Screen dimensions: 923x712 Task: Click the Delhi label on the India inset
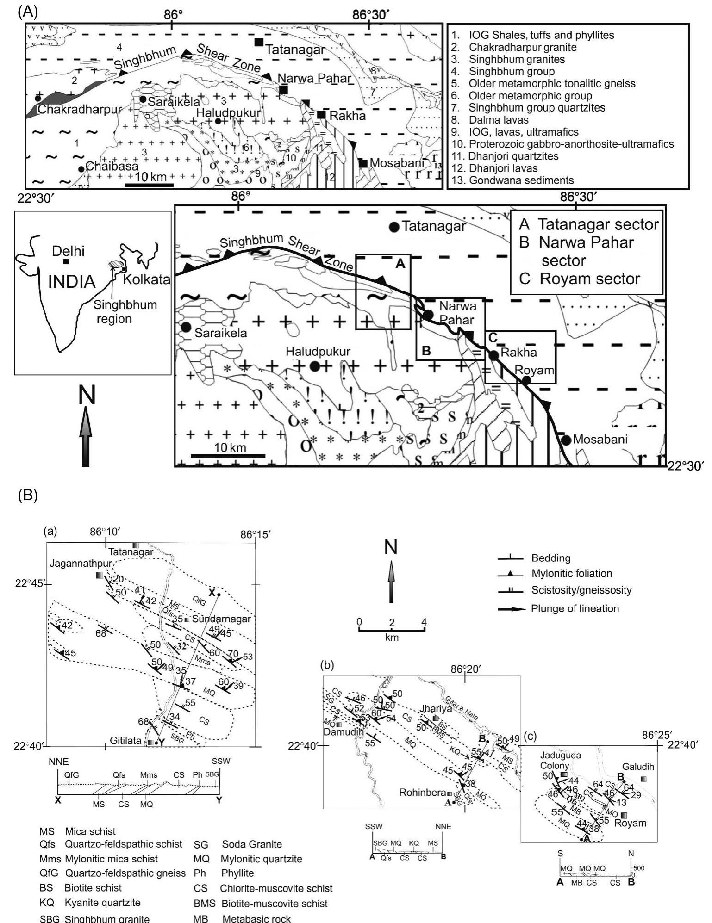coord(68,251)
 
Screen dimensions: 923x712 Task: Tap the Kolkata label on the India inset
coord(146,280)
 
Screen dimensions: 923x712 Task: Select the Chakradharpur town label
coord(80,110)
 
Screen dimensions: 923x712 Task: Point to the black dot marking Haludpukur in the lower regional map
coord(315,366)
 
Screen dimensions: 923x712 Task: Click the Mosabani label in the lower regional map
coord(600,439)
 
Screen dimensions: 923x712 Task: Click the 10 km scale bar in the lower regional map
coord(228,455)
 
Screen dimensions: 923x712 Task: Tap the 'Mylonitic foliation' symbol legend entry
coord(571,574)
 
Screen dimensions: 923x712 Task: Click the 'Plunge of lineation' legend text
coord(575,608)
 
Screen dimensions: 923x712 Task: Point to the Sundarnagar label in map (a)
coord(221,619)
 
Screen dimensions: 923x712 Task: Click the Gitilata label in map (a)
coord(125,741)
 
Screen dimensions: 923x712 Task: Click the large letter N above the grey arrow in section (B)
coord(391,547)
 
